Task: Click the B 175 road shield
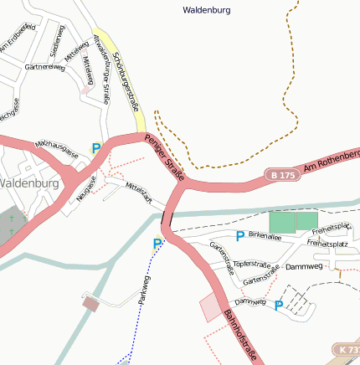pyautogui.click(x=282, y=175)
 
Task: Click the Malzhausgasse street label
pyautogui.click(x=57, y=149)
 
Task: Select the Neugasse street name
pyautogui.click(x=86, y=183)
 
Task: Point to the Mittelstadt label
pyautogui.click(x=137, y=193)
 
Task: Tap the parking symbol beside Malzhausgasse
pyautogui.click(x=96, y=148)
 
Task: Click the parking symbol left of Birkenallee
pyautogui.click(x=240, y=237)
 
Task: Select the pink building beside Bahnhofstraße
pyautogui.click(x=211, y=307)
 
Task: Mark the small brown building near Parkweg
pyautogui.click(x=90, y=303)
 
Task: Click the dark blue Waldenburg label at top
pyautogui.click(x=206, y=11)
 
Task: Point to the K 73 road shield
pyautogui.click(x=349, y=348)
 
